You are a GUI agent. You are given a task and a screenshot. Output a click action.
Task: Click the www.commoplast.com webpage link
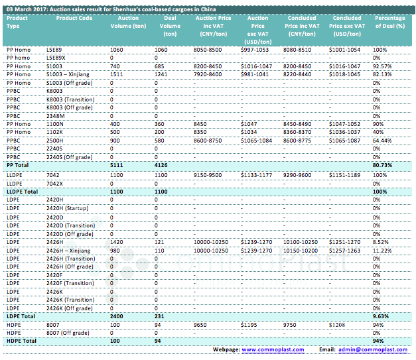[x=273, y=349]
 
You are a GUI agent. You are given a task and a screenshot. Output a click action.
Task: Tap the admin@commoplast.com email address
[x=373, y=349]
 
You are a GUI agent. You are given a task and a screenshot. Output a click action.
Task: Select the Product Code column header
[x=74, y=18]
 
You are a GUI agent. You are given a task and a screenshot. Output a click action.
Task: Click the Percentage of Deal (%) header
[x=390, y=22]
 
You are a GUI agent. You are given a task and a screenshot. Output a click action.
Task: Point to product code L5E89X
[x=56, y=58]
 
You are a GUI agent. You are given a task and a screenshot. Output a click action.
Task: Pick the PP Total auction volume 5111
[x=117, y=165]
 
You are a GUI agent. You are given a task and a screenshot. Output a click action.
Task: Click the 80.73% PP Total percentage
[x=382, y=165]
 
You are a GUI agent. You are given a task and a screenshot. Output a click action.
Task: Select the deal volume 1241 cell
[x=161, y=74]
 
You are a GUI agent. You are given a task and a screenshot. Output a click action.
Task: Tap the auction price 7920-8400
[x=208, y=74]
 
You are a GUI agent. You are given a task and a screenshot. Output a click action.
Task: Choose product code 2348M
[x=56, y=116]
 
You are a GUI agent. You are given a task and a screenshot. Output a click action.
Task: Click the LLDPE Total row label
[x=23, y=192]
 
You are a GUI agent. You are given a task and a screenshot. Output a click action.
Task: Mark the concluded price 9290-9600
[x=297, y=175]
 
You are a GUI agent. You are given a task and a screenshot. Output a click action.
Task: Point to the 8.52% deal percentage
[x=381, y=242]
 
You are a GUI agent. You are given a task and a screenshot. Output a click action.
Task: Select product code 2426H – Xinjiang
[x=68, y=251]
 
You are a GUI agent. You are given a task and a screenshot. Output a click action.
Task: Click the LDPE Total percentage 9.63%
[x=381, y=316]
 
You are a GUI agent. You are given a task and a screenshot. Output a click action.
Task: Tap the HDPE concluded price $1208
[x=337, y=325]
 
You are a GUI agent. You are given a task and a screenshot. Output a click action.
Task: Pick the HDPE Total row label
[x=21, y=341]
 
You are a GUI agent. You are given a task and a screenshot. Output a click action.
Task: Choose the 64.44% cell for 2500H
[x=382, y=141]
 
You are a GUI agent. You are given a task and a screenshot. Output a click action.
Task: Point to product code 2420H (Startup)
[x=67, y=208]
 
